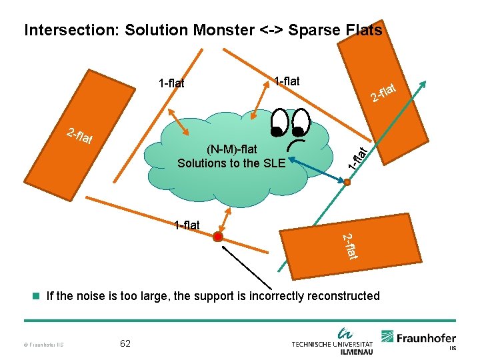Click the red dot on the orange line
pos(218,237)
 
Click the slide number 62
pos(125,343)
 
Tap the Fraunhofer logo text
pos(427,338)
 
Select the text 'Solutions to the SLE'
pos(231,163)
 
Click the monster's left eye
pos(277,124)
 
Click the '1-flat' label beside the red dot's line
pos(186,225)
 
